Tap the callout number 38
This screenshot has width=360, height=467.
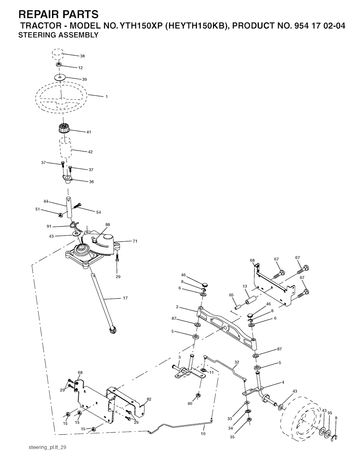coord(82,56)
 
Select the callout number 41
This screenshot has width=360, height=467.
coord(89,132)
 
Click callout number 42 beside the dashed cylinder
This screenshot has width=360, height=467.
coord(90,152)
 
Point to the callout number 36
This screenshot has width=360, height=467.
coord(91,182)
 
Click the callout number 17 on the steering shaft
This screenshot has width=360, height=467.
coord(125,298)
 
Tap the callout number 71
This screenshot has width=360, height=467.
coord(135,241)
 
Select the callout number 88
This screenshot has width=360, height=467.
coord(108,224)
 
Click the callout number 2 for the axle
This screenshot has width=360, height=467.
coord(178,307)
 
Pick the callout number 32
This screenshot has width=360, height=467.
coord(237,362)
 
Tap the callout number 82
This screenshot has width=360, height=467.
coord(149,399)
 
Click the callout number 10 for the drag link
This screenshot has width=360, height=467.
coord(203,434)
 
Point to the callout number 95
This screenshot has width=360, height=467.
coord(330,413)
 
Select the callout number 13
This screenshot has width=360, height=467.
coord(245,286)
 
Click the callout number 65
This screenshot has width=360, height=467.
coord(231,295)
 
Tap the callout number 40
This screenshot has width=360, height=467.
coord(190,404)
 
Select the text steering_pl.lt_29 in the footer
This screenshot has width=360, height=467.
coord(48,447)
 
